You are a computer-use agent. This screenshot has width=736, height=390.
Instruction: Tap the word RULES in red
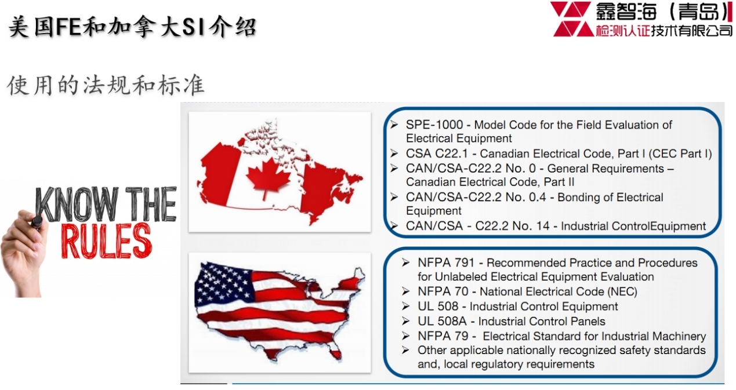(x=107, y=240)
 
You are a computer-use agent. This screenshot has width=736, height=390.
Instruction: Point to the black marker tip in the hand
(x=37, y=221)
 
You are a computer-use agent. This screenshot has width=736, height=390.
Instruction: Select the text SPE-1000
(x=434, y=125)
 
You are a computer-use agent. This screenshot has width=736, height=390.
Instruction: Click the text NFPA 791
(x=446, y=263)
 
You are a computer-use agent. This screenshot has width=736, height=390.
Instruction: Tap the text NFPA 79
(x=443, y=336)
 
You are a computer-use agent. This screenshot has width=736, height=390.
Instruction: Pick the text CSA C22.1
(x=437, y=154)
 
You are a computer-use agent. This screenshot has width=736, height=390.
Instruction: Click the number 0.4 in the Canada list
(x=537, y=197)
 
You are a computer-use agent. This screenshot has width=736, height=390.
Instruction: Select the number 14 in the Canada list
(x=542, y=226)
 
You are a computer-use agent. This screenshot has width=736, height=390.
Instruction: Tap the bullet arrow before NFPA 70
(x=406, y=291)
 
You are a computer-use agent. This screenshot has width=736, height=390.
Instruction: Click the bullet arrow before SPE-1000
(x=394, y=125)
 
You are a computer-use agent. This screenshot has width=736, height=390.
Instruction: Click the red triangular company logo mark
(x=572, y=19)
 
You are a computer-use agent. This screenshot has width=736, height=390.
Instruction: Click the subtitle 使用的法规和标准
(x=106, y=85)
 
